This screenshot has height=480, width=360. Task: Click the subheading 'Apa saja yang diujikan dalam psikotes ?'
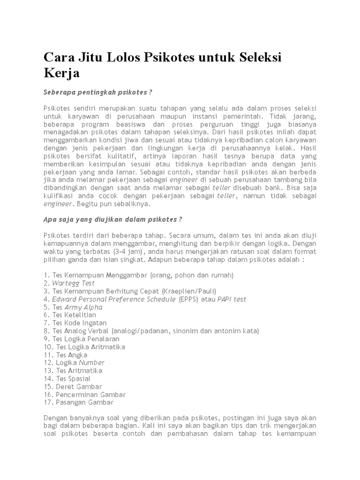pos(112,219)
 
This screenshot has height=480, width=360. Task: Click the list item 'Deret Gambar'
pos(79,386)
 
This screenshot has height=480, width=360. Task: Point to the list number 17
pos(48,402)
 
